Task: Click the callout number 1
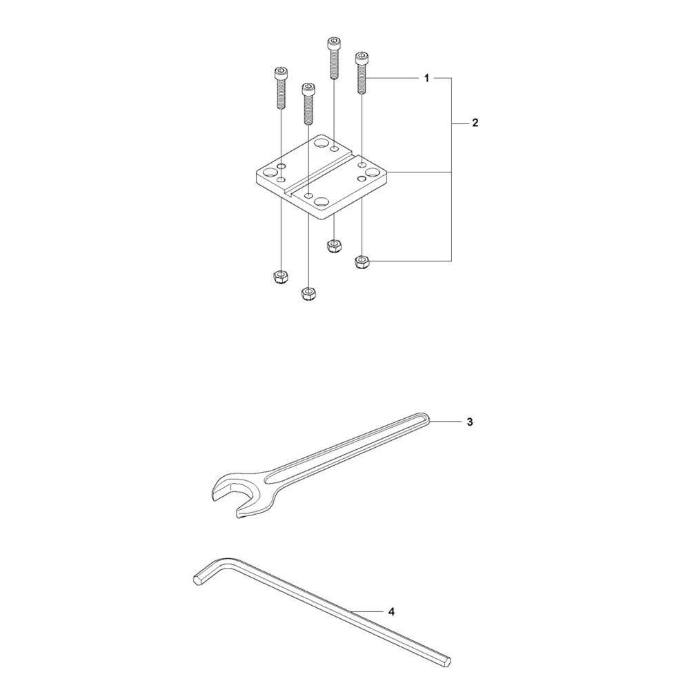click(x=426, y=79)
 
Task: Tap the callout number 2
click(x=475, y=123)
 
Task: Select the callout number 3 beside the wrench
click(x=469, y=422)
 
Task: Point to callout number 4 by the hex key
click(x=391, y=611)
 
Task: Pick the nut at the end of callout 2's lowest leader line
click(x=362, y=262)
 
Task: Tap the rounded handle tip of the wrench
click(x=427, y=417)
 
